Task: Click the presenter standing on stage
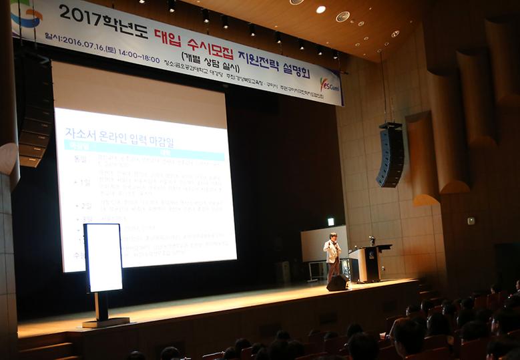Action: [332, 256]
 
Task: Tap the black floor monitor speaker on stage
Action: [337, 283]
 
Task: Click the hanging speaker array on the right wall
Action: [391, 154]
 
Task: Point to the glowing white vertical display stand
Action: [103, 257]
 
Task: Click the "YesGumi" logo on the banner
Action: [329, 85]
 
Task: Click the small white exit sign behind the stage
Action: [330, 222]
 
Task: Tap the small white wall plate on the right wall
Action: [471, 220]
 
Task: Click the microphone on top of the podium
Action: [371, 241]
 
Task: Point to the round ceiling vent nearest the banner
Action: [342, 17]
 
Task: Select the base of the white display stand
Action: [105, 322]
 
